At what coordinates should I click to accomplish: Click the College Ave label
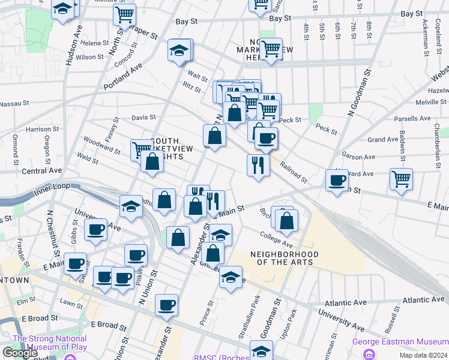(x=276, y=240)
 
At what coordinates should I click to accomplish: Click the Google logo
(x=20, y=353)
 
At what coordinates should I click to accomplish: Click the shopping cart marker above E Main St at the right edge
(x=401, y=178)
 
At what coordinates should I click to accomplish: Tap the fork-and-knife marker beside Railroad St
(x=258, y=164)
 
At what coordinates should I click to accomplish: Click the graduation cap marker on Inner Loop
(x=131, y=206)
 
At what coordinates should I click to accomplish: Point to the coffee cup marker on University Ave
(x=95, y=229)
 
